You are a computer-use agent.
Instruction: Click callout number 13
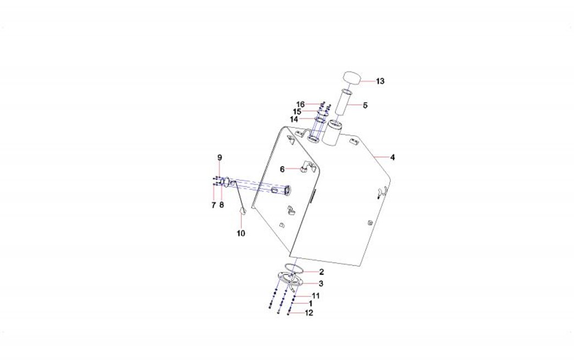point(380,81)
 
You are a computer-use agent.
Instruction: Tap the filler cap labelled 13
point(352,78)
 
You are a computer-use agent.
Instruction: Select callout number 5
point(365,106)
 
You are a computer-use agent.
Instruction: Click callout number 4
point(393,157)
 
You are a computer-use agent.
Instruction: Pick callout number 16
point(301,104)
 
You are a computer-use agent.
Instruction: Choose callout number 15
point(297,112)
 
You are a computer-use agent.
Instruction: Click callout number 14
point(294,120)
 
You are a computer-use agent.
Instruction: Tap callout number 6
point(282,169)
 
